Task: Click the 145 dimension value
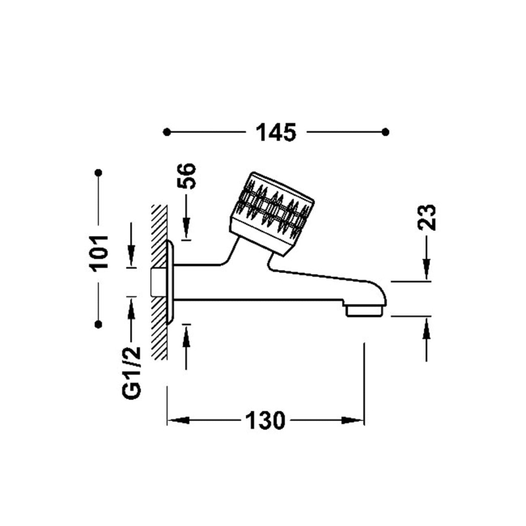276,132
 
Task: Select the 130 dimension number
266,420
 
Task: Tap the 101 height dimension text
100,252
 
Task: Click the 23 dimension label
427,218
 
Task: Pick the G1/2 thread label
131,373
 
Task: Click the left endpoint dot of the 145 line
167,132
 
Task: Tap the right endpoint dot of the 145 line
386,132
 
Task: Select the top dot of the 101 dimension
98,173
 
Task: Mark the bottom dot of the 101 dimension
98,324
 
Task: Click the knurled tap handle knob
272,214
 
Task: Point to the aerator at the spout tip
364,310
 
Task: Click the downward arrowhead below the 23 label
427,269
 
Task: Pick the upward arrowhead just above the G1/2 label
131,308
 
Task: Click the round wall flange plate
170,282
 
